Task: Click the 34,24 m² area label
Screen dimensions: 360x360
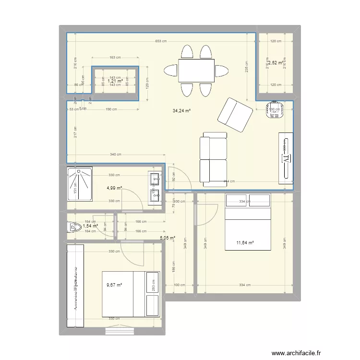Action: [x=182, y=111]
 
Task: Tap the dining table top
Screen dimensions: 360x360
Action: [x=196, y=71]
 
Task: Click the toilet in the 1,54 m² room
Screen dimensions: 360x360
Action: [x=73, y=226]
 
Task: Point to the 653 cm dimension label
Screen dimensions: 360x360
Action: [x=161, y=41]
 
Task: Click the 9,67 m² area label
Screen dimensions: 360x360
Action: [x=114, y=285]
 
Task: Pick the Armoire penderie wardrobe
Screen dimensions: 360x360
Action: [x=75, y=286]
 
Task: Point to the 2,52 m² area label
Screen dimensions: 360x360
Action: [x=276, y=62]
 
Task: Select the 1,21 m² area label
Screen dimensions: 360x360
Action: [x=115, y=81]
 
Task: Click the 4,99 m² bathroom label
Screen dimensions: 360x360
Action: [x=114, y=188]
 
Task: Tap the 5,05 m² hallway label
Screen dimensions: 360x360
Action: [x=167, y=237]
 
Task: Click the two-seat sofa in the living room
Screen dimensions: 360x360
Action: [x=213, y=160]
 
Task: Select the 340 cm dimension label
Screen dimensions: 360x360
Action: [x=115, y=155]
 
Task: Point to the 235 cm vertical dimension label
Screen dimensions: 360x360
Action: [x=246, y=67]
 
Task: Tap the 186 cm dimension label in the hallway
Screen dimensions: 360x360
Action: [x=173, y=262]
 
